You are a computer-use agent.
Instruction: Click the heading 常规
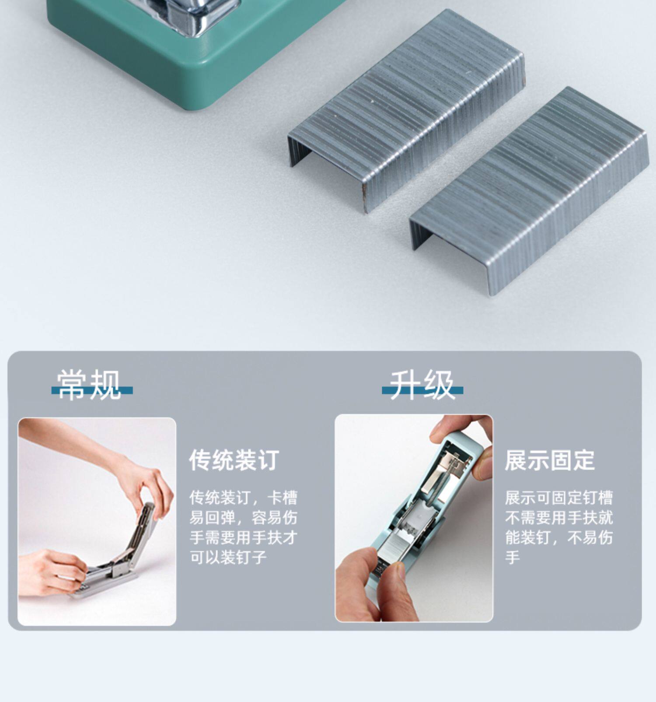pyautogui.click(x=89, y=385)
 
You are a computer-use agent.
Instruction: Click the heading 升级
pyautogui.click(x=422, y=385)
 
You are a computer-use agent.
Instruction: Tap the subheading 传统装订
pyautogui.click(x=234, y=460)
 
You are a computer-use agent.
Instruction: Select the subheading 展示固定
pyautogui.click(x=550, y=460)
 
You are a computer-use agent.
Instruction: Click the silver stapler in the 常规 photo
pyautogui.click(x=114, y=556)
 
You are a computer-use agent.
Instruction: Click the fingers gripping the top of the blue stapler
pyautogui.click(x=464, y=442)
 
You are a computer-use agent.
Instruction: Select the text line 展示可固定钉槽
pyautogui.click(x=558, y=498)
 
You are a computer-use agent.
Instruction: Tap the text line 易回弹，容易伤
pyautogui.click(x=243, y=518)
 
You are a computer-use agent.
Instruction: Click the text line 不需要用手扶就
pyautogui.click(x=558, y=518)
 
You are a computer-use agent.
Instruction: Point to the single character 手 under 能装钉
pyautogui.click(x=513, y=557)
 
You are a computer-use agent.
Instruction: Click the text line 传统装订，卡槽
pyautogui.click(x=243, y=498)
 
